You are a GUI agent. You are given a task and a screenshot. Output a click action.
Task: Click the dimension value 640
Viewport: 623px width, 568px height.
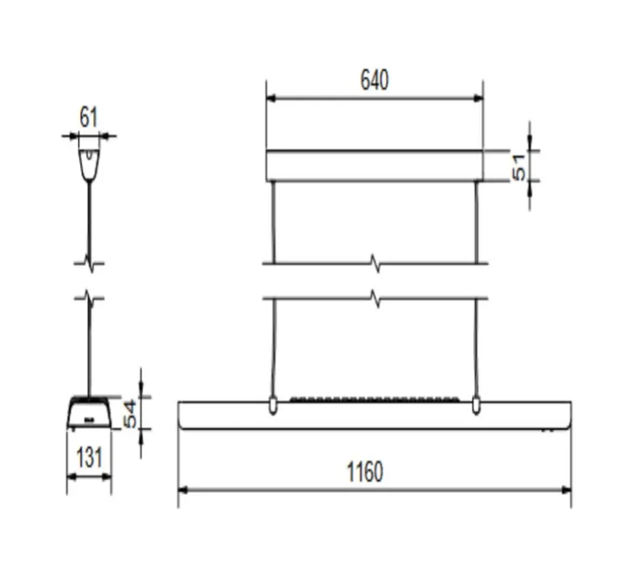374,80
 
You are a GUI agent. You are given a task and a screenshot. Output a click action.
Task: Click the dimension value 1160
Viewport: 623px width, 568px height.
365,472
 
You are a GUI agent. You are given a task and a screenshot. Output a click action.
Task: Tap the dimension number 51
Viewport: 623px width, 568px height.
520,167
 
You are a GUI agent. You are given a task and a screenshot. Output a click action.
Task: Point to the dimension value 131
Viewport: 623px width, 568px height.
88,457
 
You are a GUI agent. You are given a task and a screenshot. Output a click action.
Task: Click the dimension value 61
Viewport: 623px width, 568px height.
89,118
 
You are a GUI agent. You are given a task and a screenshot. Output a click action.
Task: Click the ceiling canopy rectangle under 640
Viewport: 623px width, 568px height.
374,166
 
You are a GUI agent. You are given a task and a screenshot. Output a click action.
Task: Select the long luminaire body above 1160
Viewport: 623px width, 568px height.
374,416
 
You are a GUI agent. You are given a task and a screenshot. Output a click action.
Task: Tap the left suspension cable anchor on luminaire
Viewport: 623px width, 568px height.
273,406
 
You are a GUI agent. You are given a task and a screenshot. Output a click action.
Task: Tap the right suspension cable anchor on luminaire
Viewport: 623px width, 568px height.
476,406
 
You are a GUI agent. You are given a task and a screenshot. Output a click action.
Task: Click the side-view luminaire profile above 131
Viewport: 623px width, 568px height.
88,413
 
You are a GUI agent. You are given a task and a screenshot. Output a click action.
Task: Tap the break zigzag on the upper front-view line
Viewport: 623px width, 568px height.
376,265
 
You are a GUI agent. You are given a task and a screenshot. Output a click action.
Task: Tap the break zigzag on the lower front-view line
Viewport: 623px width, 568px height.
376,298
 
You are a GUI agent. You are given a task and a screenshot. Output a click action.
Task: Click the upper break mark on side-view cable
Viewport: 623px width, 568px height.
89,263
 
